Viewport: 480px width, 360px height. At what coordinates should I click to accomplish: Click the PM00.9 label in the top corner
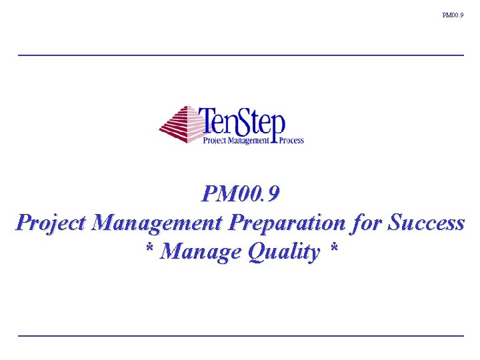(x=453, y=15)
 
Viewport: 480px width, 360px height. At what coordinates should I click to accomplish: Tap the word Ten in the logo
(x=220, y=121)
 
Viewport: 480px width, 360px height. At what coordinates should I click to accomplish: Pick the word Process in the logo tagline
(x=291, y=141)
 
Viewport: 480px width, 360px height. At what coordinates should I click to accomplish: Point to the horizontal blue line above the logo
(x=241, y=55)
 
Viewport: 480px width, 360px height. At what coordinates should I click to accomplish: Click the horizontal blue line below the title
(x=241, y=335)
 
